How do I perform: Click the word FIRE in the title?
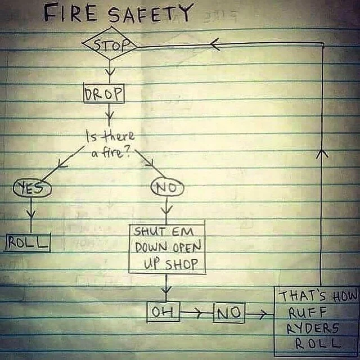[70, 14]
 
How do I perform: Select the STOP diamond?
[110, 44]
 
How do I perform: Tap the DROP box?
[103, 93]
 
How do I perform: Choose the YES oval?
[32, 188]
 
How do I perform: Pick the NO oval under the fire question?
[167, 187]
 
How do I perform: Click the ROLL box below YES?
[28, 242]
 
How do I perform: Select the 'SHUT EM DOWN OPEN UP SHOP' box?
[167, 249]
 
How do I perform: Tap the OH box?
[163, 312]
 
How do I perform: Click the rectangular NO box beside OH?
[229, 313]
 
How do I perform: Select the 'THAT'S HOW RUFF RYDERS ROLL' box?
[317, 321]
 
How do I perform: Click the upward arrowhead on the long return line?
[322, 154]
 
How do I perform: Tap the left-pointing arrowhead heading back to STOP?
[215, 44]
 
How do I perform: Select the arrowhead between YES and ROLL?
[31, 213]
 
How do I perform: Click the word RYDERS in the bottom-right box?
[313, 328]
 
